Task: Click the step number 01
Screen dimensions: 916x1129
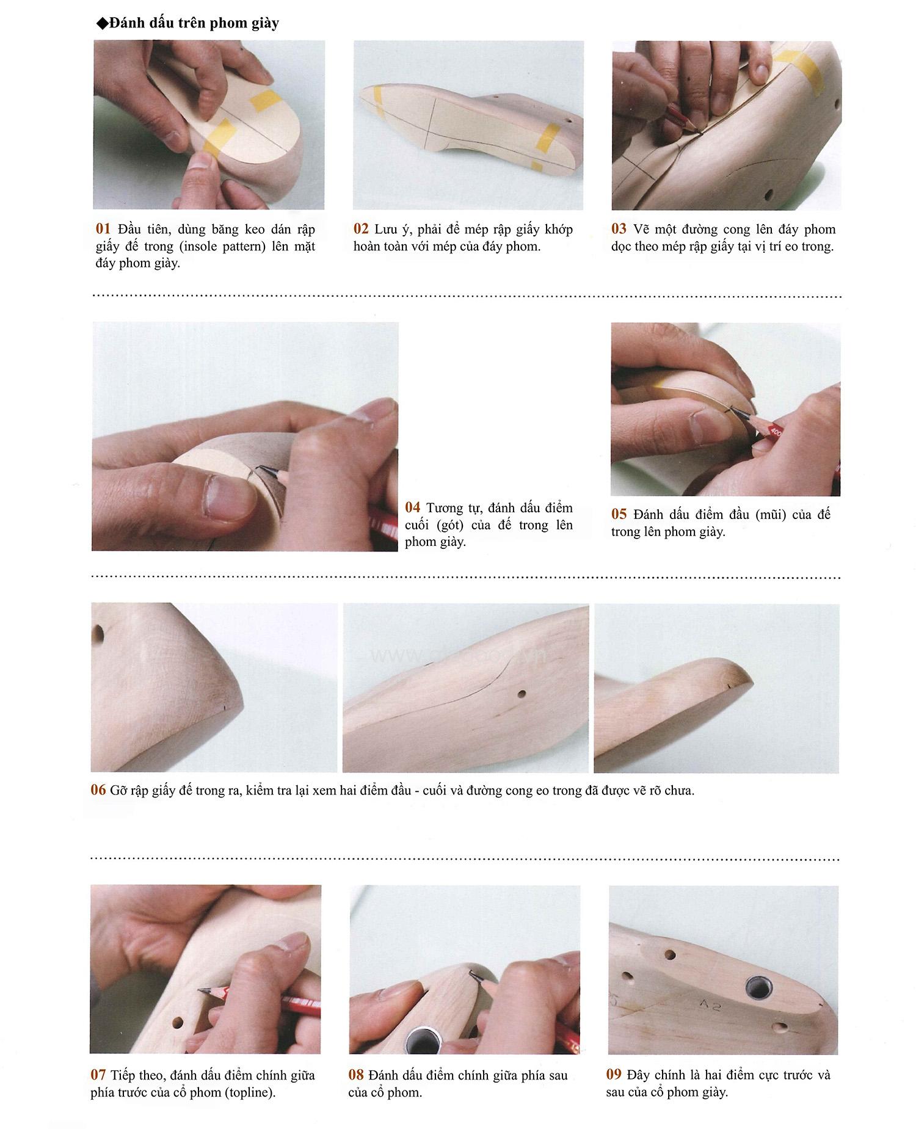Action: pos(103,229)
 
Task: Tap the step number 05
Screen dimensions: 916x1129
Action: pos(619,514)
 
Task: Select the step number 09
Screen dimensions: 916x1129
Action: pos(614,1074)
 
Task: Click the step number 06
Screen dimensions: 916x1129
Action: pos(98,790)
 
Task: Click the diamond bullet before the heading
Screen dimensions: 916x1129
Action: pos(102,24)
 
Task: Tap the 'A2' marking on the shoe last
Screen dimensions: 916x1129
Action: pos(710,1004)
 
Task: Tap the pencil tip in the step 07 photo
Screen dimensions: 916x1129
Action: pos(201,990)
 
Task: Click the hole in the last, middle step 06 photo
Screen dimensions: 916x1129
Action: pos(521,694)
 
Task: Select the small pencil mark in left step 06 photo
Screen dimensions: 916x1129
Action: pos(225,708)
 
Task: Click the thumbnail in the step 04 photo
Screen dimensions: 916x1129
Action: pos(228,495)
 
